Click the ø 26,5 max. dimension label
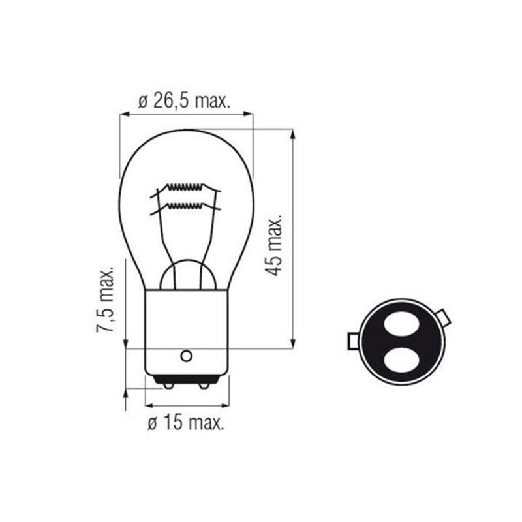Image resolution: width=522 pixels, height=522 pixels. coord(184,101)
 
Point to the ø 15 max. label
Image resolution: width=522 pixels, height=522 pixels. coord(185,423)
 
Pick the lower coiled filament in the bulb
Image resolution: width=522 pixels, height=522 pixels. coord(184,206)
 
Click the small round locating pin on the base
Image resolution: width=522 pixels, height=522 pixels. coord(186,356)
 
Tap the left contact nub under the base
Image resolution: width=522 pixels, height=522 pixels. coord(168,386)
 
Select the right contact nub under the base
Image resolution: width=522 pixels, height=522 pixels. coord(204,386)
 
